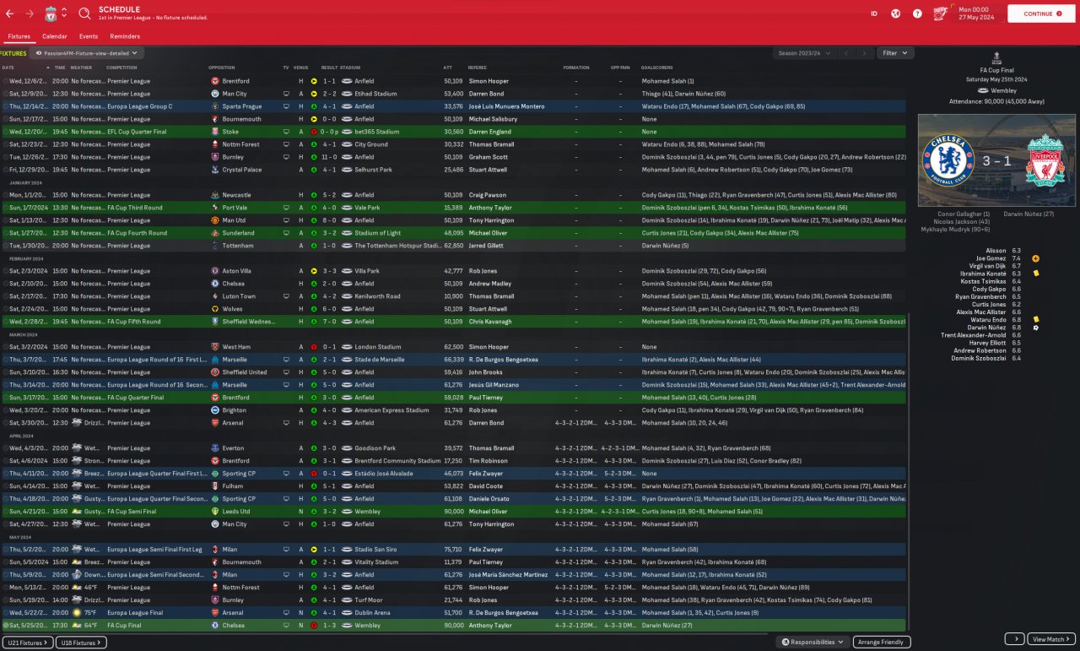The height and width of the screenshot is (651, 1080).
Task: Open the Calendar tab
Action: [x=55, y=36]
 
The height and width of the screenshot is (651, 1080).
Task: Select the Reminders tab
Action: [x=125, y=36]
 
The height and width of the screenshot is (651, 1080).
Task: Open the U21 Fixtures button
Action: [x=27, y=643]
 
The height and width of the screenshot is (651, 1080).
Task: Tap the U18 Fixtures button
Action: [x=82, y=643]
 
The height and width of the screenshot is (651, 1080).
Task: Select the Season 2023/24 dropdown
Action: [x=804, y=53]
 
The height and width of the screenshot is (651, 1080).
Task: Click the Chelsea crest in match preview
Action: [x=948, y=160]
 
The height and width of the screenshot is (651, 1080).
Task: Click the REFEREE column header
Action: [x=477, y=68]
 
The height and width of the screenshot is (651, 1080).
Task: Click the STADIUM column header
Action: [x=351, y=68]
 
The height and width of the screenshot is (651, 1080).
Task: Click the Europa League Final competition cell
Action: [x=136, y=613]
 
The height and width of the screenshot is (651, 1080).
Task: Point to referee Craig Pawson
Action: [x=489, y=195]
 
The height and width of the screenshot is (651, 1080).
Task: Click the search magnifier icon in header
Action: [x=84, y=14]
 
